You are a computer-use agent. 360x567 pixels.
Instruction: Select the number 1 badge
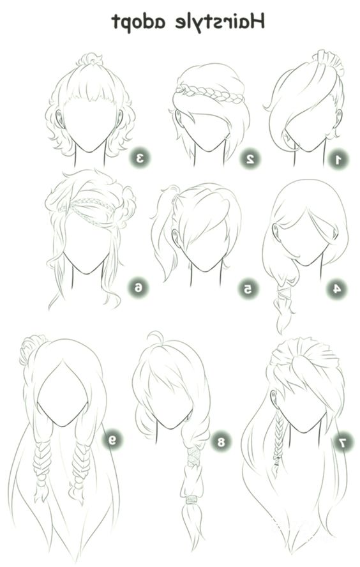(x=338, y=160)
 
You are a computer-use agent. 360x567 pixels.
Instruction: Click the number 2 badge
(x=250, y=159)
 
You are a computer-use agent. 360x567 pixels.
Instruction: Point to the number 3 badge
(x=140, y=158)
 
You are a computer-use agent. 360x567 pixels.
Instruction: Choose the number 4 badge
(x=336, y=289)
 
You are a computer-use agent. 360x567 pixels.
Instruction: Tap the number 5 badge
(x=248, y=289)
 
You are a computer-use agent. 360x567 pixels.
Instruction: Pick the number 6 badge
(x=139, y=288)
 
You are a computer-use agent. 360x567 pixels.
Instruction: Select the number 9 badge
(x=112, y=440)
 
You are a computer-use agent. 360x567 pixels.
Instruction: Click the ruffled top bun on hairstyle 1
(x=329, y=61)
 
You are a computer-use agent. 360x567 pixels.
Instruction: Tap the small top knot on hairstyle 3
(x=89, y=59)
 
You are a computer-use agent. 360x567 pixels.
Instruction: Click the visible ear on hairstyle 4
(x=277, y=232)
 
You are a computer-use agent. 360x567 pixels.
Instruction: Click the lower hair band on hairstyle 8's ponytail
(x=191, y=500)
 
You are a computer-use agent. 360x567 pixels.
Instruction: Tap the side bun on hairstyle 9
(x=32, y=349)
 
